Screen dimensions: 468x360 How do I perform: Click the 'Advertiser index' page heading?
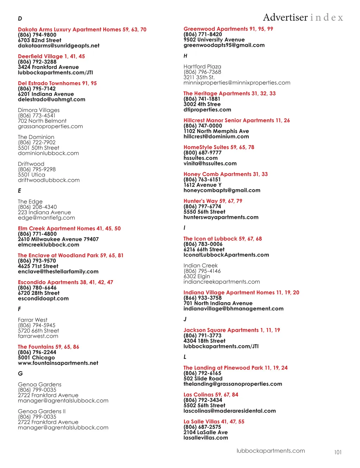point(303,17)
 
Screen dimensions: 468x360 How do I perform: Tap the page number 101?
point(337,452)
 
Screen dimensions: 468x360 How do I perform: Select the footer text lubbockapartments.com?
point(271,451)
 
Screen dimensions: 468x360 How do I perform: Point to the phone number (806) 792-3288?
point(37,62)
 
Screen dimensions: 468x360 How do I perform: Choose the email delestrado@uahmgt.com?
point(52,100)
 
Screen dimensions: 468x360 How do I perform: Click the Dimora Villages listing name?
point(39,110)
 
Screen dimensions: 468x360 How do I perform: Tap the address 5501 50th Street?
point(39,148)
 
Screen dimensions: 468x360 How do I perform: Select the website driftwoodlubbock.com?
point(49,180)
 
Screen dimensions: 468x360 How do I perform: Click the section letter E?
point(20,191)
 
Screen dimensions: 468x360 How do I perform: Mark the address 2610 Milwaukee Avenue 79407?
point(58,239)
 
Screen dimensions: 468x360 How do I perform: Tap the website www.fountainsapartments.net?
point(58,363)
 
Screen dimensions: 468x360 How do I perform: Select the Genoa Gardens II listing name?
point(42,411)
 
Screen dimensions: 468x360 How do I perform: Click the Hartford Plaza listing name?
point(202,67)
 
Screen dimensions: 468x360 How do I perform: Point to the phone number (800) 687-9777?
point(202,153)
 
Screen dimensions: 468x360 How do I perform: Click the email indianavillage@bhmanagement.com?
point(233,309)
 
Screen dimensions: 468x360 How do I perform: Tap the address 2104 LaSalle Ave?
point(206,432)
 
